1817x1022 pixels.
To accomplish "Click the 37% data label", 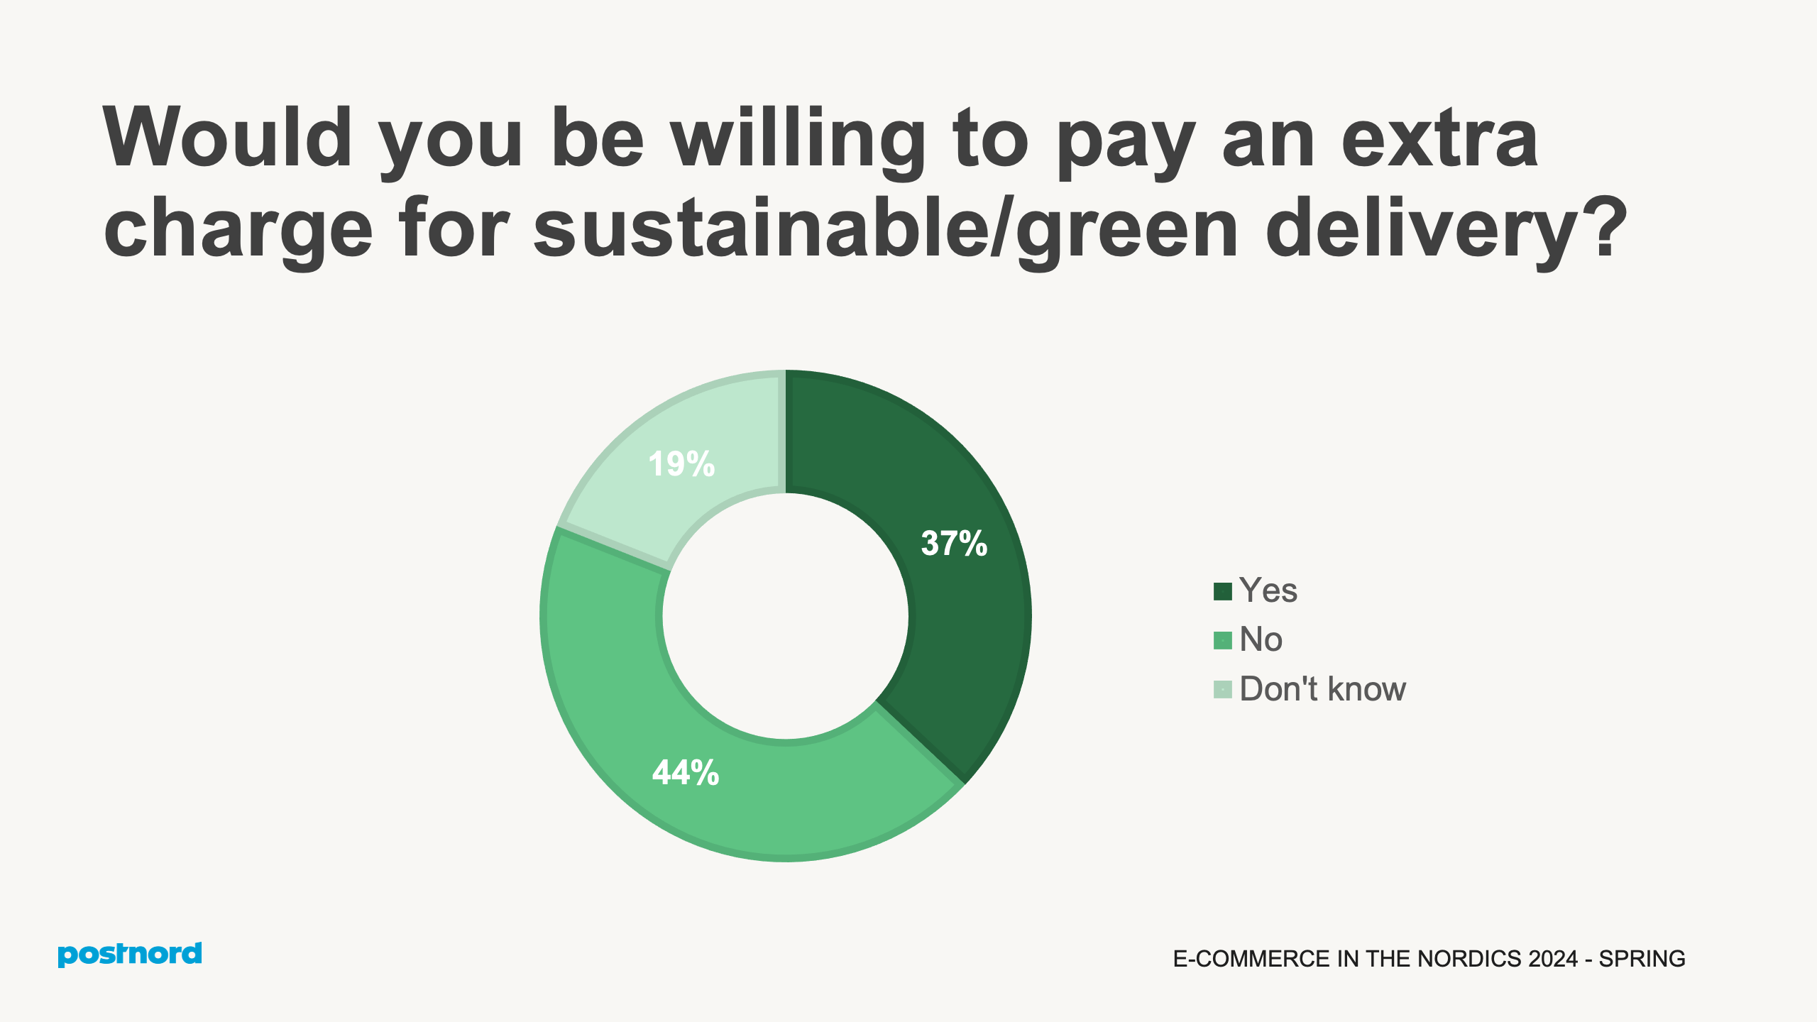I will pyautogui.click(x=954, y=544).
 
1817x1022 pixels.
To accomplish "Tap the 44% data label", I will pyautogui.click(x=686, y=772).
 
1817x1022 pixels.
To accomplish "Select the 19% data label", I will pyautogui.click(x=681, y=464).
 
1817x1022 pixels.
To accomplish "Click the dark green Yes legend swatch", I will pyautogui.click(x=1222, y=591).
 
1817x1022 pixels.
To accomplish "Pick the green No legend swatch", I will pyautogui.click(x=1222, y=640).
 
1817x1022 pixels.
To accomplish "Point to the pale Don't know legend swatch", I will pyautogui.click(x=1222, y=689).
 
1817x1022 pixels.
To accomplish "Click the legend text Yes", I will pyautogui.click(x=1268, y=590).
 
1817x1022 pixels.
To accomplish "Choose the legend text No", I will pyautogui.click(x=1261, y=639).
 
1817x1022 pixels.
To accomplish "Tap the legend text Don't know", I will pyautogui.click(x=1322, y=689).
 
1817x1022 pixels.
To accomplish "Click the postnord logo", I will pyautogui.click(x=130, y=955).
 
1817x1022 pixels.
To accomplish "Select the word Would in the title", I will pyautogui.click(x=228, y=138).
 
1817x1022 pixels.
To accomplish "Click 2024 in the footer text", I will pyautogui.click(x=1553, y=959).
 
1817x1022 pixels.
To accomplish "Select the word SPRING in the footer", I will pyautogui.click(x=1642, y=959).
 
